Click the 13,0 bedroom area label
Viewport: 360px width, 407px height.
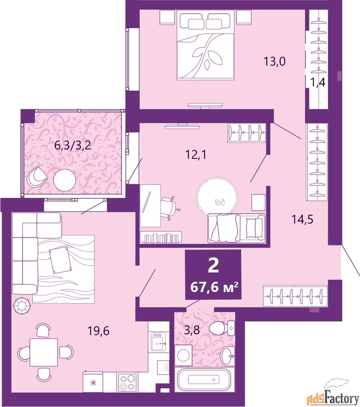coord(274,62)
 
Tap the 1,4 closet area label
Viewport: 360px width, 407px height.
coord(317,83)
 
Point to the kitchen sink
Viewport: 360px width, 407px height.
coord(159,342)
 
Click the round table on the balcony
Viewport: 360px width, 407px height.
coord(66,181)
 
